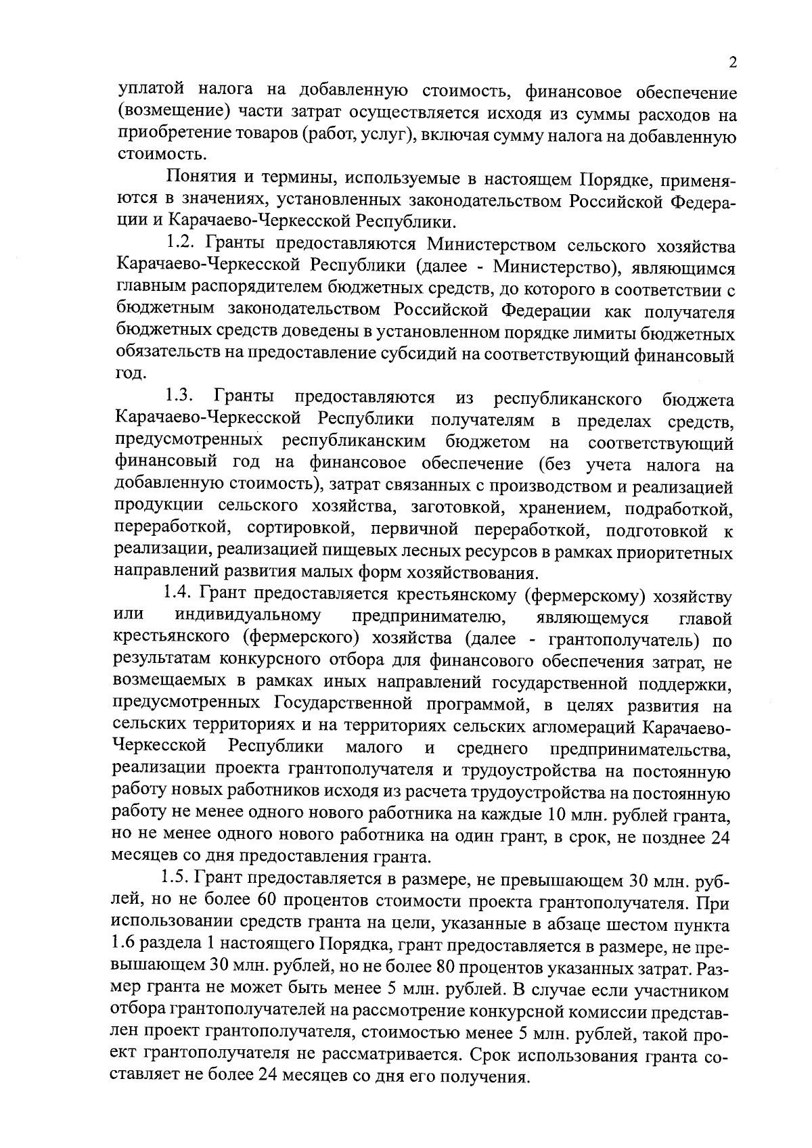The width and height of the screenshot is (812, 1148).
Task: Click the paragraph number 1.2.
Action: [182, 243]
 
